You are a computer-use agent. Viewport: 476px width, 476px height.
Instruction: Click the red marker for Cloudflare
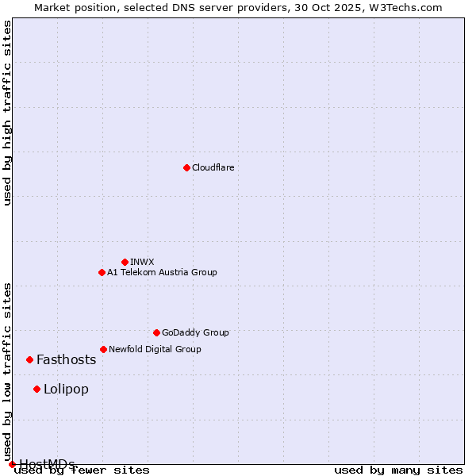coord(186,167)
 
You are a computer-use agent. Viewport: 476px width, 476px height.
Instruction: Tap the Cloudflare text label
coord(213,167)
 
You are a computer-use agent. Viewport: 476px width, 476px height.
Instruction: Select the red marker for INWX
coord(125,262)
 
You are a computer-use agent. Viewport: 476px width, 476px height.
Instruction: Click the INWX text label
coord(142,262)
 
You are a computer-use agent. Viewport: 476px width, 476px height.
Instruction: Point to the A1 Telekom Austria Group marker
coord(102,272)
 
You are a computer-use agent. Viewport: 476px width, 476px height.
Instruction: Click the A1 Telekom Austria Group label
coord(162,272)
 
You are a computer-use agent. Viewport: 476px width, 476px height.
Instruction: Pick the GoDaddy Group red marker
coord(156,332)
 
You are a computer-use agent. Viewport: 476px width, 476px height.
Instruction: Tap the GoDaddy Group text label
coord(195,332)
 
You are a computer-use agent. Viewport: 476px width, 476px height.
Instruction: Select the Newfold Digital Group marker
coord(103,349)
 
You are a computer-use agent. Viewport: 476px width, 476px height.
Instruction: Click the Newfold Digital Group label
coord(155,349)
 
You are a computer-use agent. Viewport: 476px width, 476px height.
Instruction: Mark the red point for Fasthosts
coord(29,359)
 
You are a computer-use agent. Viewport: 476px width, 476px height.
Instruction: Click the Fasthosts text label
coord(67,359)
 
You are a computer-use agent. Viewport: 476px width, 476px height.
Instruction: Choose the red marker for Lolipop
coord(36,389)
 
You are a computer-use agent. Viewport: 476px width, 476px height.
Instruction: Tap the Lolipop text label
coord(67,389)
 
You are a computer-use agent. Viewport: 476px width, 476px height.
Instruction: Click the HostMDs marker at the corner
coord(12,464)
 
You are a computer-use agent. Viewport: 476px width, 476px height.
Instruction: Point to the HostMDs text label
coord(48,464)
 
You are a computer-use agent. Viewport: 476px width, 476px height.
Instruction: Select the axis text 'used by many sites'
coord(398,470)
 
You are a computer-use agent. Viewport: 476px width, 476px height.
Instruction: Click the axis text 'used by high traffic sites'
coord(7,113)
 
